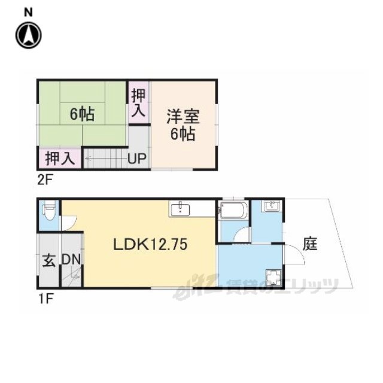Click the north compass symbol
click(x=29, y=35)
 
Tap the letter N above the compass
click(x=28, y=12)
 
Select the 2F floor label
click(x=45, y=180)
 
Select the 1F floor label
click(x=45, y=299)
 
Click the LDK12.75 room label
click(x=150, y=244)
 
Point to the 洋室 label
click(x=183, y=117)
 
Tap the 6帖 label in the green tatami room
click(x=82, y=114)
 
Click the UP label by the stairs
click(x=137, y=159)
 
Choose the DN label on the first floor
click(x=71, y=259)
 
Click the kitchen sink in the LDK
click(x=180, y=209)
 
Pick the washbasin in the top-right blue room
click(x=272, y=205)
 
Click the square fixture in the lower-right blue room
click(x=273, y=277)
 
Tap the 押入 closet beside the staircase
click(x=60, y=159)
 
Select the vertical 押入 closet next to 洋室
click(x=138, y=102)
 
